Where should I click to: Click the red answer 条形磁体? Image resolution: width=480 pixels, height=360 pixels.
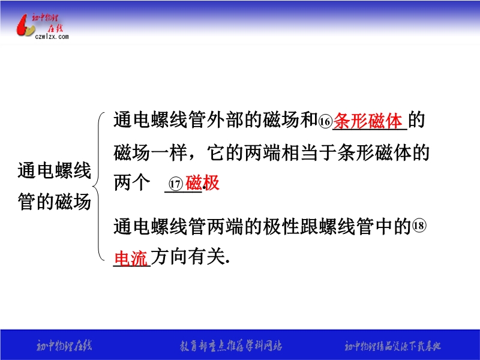click(x=367, y=121)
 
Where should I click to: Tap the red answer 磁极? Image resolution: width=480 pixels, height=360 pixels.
click(x=202, y=183)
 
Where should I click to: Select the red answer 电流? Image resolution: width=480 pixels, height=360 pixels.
click(x=131, y=258)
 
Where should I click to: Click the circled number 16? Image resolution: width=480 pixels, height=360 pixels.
click(x=325, y=122)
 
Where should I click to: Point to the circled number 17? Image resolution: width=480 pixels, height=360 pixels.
click(x=176, y=184)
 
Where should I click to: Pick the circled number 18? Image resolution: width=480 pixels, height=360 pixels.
click(x=419, y=226)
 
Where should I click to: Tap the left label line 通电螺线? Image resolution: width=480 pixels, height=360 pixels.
click(x=55, y=170)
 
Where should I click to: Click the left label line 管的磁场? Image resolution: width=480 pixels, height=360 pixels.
click(x=55, y=202)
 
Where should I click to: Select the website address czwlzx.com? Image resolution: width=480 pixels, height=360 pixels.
click(x=52, y=37)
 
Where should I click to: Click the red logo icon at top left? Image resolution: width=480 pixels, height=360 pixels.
click(x=25, y=25)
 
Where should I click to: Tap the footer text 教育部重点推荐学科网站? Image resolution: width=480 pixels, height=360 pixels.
click(x=231, y=346)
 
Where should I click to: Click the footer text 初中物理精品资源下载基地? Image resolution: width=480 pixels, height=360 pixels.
click(x=393, y=346)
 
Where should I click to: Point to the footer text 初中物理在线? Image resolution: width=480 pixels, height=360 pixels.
click(x=64, y=346)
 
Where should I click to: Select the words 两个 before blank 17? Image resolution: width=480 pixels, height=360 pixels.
click(x=132, y=183)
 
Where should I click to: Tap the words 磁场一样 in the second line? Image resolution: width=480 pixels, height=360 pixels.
click(x=151, y=153)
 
